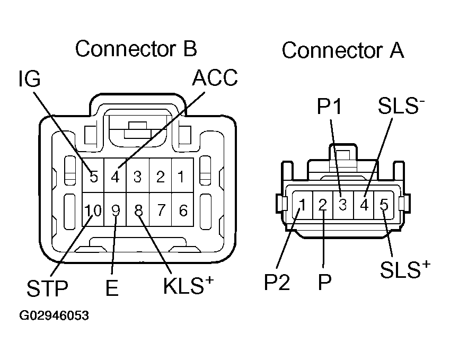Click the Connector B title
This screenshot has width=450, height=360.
[x=136, y=49]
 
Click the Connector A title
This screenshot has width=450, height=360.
[x=343, y=51]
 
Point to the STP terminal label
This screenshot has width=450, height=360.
[x=47, y=289]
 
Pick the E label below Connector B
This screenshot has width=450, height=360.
[x=111, y=289]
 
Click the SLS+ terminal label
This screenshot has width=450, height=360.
[x=404, y=270]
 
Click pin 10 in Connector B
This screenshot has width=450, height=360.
[x=93, y=211]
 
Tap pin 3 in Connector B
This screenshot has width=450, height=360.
[x=138, y=177]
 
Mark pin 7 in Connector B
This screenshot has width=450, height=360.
[x=161, y=211]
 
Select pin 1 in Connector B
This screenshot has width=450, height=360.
[x=182, y=177]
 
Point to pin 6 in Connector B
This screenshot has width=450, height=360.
[x=183, y=211]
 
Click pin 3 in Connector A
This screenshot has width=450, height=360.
[x=343, y=204]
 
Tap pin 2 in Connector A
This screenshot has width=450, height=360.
[x=322, y=205]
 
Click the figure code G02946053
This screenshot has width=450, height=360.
[x=54, y=316]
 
